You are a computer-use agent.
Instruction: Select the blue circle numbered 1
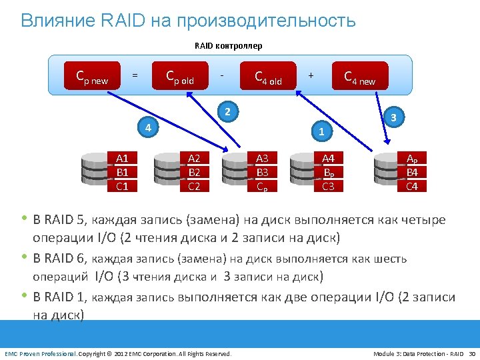[x=321, y=131]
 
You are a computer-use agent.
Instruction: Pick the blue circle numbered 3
[x=394, y=117]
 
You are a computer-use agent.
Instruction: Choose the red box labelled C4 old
[x=268, y=78]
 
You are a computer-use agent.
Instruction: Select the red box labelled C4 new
[x=359, y=78]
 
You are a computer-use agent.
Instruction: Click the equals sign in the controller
[x=135, y=75]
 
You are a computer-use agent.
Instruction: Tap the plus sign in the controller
[x=311, y=75]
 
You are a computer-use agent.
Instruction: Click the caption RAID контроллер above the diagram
[x=228, y=46]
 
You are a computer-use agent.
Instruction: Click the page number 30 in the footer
[x=473, y=353]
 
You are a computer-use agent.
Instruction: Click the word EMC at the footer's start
[x=12, y=353]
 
